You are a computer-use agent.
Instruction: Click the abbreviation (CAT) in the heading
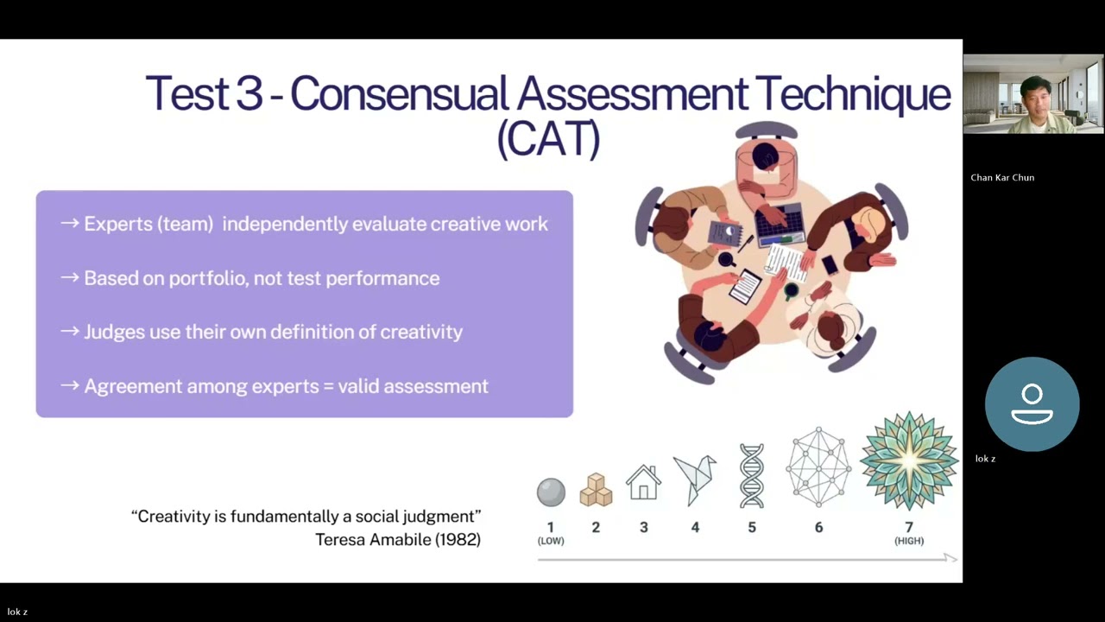(x=548, y=139)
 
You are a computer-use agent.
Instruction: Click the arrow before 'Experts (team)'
(x=70, y=224)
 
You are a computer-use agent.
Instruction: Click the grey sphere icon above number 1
(x=551, y=492)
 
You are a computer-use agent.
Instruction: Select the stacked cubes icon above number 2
(x=596, y=490)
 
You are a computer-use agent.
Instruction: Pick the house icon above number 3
(x=643, y=483)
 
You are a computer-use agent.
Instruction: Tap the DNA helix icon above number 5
(x=752, y=476)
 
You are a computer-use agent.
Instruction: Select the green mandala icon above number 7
(x=909, y=460)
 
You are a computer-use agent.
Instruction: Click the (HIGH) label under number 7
(x=909, y=541)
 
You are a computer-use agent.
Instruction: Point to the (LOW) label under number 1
(x=551, y=541)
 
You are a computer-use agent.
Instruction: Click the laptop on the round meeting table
(x=780, y=225)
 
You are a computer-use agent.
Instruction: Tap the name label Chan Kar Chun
(x=1002, y=178)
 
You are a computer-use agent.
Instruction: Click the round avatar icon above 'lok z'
(x=1032, y=404)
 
